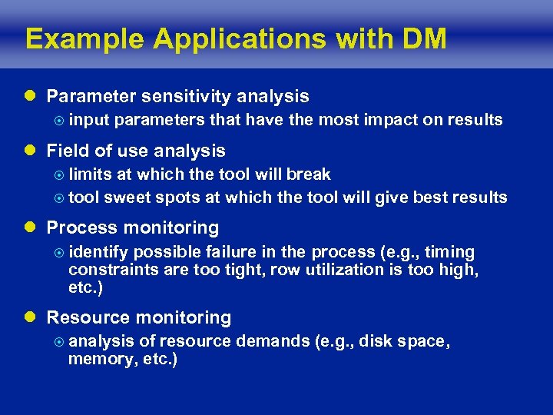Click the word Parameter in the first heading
coord(88,96)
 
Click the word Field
coord(67,151)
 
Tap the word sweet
coord(128,198)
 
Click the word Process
coord(80,228)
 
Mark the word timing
coord(451,252)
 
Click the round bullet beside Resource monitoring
coord(30,318)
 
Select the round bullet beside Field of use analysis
coord(30,151)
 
